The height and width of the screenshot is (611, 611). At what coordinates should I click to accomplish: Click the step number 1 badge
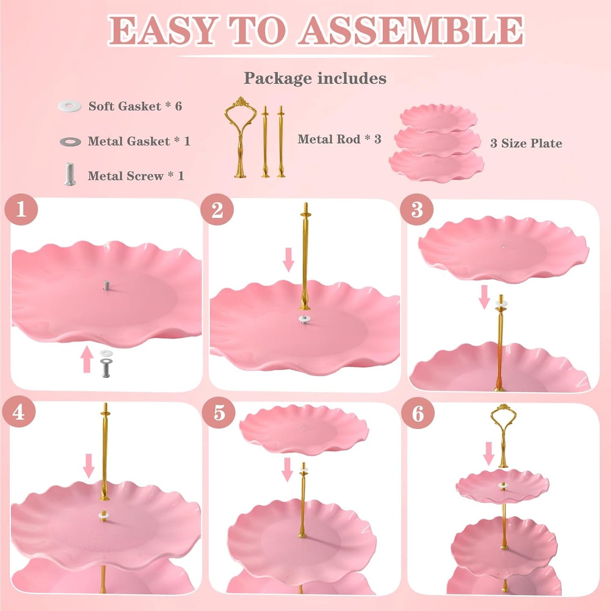click(21, 209)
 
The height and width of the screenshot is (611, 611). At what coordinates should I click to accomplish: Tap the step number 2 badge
click(217, 209)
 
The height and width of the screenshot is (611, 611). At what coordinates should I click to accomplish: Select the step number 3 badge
click(416, 209)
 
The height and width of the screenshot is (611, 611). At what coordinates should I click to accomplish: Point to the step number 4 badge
click(19, 412)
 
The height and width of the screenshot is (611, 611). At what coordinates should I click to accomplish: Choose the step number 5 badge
click(219, 412)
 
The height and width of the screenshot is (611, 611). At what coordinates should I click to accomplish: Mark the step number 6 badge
click(418, 413)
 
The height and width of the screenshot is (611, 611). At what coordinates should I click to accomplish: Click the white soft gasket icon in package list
click(70, 106)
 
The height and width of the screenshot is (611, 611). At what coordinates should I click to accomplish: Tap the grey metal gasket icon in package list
click(70, 142)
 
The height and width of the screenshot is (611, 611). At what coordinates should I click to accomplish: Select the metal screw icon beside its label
click(70, 174)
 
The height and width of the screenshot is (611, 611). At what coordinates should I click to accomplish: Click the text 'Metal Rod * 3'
click(339, 139)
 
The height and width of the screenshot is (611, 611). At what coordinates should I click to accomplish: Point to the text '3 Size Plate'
click(526, 143)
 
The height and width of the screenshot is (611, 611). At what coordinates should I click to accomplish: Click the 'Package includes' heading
click(315, 78)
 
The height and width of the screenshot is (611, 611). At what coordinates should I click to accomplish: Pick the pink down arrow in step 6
click(489, 453)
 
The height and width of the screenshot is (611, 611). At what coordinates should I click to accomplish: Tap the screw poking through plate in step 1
click(106, 285)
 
